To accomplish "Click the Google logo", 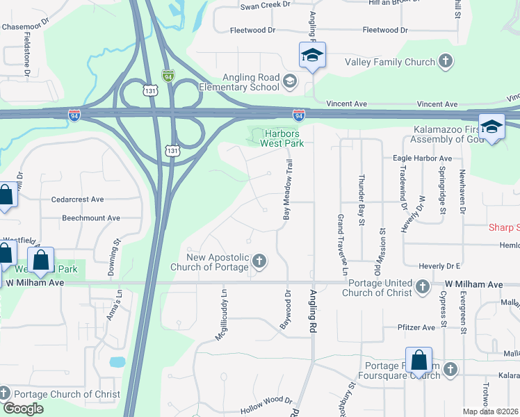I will click(23, 408).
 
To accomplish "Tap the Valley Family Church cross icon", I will click(445, 62).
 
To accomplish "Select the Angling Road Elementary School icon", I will click(290, 83).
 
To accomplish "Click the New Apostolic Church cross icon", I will click(259, 261).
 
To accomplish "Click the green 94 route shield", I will click(168, 74).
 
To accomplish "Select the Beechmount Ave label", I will click(91, 218).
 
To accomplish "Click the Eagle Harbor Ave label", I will click(422, 158).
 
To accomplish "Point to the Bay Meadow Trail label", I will click(286, 190).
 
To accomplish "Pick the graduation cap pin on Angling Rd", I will click(312, 55).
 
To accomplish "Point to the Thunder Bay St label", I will click(361, 200).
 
